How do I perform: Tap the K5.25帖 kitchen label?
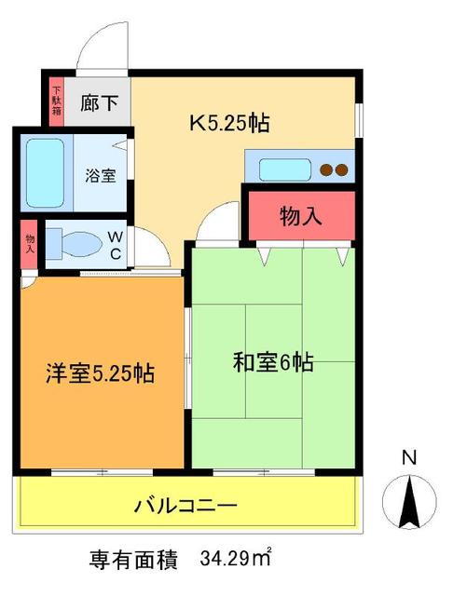[230, 122]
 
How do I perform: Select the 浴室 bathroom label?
[102, 175]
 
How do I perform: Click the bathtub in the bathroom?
[44, 173]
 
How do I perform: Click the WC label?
[117, 246]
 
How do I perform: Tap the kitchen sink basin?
[283, 169]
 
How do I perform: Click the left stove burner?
[326, 170]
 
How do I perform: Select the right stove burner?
[342, 170]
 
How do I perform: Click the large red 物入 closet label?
[300, 216]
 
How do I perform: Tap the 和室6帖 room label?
[272, 362]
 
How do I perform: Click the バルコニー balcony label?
[185, 506]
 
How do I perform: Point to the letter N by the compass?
[408, 457]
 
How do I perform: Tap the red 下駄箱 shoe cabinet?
[56, 101]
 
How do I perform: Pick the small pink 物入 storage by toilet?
[30, 244]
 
